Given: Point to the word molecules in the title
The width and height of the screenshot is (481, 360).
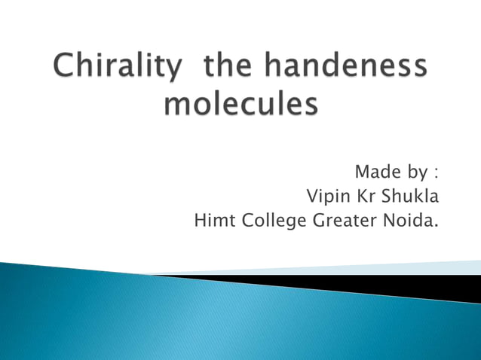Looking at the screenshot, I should click(240, 103).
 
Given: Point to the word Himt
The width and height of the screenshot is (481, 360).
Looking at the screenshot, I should click(213, 221).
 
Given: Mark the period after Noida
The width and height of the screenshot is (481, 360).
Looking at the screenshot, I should click(437, 226).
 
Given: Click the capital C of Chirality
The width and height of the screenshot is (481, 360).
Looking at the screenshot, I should click(64, 69).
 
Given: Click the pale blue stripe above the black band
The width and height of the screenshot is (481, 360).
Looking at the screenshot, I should click(422, 267).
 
